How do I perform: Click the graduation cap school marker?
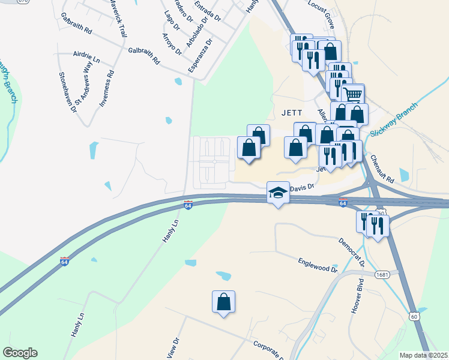(278, 193)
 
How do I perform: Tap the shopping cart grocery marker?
(353, 94)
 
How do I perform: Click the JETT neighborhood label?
(291, 112)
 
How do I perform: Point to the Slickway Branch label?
(393, 118)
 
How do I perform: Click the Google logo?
(20, 353)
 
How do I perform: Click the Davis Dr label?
(303, 188)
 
